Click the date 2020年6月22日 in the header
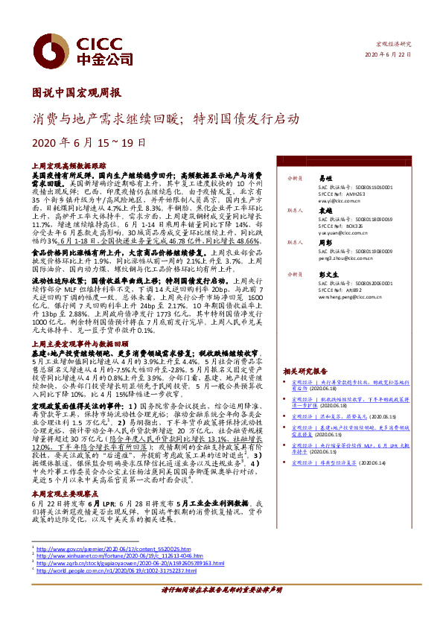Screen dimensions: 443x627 388,55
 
